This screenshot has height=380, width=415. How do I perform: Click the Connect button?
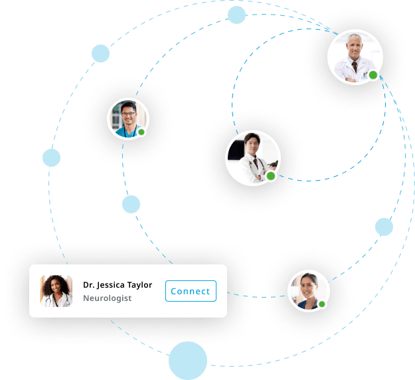pos(191,291)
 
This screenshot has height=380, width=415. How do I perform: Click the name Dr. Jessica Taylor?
pos(118,285)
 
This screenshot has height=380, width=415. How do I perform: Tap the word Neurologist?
pos(107,298)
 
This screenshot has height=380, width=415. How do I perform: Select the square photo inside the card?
pos(56,291)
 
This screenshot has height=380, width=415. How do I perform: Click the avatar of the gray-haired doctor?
pos(355,57)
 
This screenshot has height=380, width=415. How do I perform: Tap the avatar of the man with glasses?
pos(128,119)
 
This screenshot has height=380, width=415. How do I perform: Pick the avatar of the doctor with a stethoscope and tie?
pos(253,158)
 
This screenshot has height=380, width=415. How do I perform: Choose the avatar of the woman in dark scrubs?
pos(309,291)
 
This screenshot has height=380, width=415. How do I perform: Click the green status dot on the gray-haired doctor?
pos(373,75)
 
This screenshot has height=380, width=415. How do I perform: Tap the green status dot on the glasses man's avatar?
pos(141,132)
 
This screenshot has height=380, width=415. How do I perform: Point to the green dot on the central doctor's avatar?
pos(271,176)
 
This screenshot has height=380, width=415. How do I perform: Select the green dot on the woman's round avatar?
pos(322,304)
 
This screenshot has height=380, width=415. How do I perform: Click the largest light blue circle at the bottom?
pos(188,361)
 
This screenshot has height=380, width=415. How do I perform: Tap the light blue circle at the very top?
pos(236,15)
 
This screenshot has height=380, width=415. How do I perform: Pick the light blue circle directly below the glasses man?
pos(131,204)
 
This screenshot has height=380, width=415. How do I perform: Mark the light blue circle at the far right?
pos(384,227)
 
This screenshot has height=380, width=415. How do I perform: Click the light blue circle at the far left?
pos(51,158)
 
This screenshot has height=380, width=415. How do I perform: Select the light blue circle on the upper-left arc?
pos(100,54)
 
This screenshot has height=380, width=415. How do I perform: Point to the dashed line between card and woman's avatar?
pos(257,297)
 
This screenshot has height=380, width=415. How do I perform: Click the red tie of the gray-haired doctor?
pos(355,67)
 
